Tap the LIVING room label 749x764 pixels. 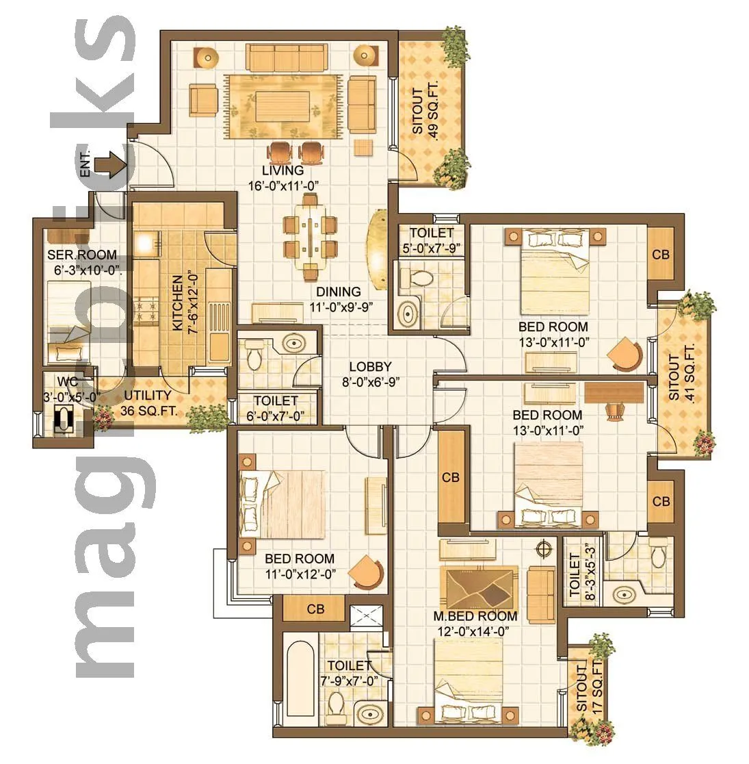click(283, 170)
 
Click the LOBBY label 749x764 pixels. click(370, 367)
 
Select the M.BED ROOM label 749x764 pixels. click(475, 616)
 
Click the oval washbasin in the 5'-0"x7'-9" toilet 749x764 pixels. click(409, 314)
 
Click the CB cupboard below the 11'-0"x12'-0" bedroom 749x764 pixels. click(315, 608)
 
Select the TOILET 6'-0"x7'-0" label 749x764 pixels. click(276, 407)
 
